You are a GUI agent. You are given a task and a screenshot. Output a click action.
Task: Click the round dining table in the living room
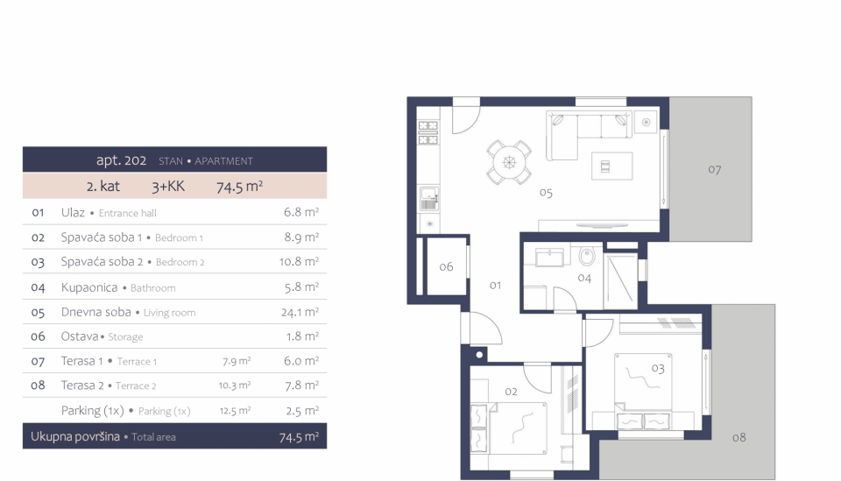(509, 162)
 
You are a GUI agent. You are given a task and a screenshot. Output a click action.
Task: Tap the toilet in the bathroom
(587, 257)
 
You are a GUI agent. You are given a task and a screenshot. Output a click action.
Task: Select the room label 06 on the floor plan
(446, 266)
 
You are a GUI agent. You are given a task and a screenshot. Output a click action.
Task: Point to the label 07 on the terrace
(715, 169)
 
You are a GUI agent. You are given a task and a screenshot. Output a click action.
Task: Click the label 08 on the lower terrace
(739, 437)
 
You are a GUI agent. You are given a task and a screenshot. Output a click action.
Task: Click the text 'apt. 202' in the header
(121, 160)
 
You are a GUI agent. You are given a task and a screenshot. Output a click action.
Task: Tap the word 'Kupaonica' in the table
(89, 287)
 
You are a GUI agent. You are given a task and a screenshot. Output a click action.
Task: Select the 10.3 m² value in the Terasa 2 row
(235, 385)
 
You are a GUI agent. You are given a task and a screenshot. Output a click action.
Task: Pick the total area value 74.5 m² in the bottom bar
(299, 437)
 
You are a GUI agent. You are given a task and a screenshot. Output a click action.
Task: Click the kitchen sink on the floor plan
(429, 198)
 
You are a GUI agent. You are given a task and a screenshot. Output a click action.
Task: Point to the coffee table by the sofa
(612, 166)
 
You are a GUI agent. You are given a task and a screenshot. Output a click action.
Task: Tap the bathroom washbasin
(549, 257)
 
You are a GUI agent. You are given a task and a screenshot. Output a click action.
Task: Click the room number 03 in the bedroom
(658, 368)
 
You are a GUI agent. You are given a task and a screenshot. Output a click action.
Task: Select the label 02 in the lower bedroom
(511, 392)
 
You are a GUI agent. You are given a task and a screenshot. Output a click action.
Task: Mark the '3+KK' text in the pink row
(168, 186)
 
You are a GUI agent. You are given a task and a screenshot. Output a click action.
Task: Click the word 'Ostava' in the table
(80, 336)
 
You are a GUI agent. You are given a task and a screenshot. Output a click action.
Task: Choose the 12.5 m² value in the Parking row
(235, 411)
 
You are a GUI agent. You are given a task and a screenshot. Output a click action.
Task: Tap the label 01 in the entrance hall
(495, 286)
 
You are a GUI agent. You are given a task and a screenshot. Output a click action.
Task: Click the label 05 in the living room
(546, 193)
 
